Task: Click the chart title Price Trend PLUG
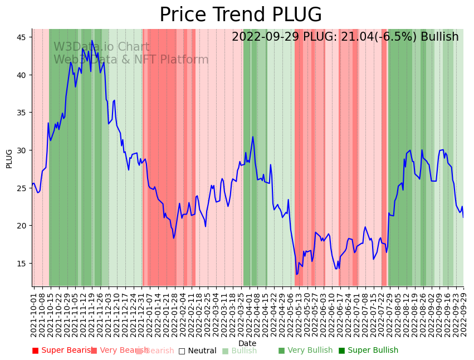pos(241,15)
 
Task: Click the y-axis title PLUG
pos(9,158)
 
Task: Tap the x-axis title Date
pos(247,343)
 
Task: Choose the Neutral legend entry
pos(197,351)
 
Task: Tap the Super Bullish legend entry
pos(368,351)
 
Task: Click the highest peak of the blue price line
pos(92,41)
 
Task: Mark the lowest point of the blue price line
pos(297,274)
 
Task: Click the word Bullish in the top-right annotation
pos(439,37)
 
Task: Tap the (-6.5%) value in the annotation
pos(399,37)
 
